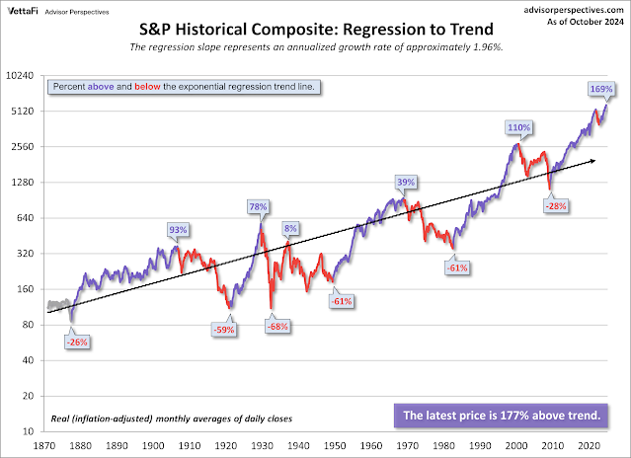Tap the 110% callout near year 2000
pos(519,128)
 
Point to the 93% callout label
pos(179,230)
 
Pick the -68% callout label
pos(276,326)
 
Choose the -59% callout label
pos(224,330)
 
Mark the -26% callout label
pos(77,342)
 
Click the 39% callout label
pos(406,183)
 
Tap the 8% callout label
pos(289,229)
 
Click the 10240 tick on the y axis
pos(22,75)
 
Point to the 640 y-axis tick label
pos(27,218)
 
